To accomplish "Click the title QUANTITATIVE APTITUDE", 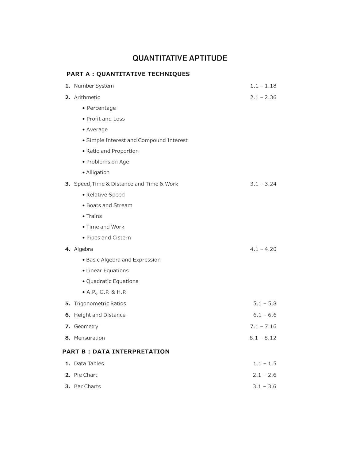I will (180, 58).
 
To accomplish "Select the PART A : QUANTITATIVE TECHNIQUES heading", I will (128, 74).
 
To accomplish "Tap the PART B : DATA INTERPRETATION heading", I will (116, 351).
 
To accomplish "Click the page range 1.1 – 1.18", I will (263, 86).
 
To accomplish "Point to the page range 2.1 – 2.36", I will (263, 97).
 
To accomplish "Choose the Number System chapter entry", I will (94, 86).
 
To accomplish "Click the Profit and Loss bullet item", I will (105, 119).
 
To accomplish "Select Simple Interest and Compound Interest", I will (136, 140).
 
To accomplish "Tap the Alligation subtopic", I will (98, 172).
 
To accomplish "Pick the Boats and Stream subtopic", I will (109, 205).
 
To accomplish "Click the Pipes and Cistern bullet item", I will (108, 237).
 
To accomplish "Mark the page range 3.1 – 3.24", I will (263, 184).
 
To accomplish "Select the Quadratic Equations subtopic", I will (112, 281).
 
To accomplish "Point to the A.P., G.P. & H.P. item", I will (106, 292).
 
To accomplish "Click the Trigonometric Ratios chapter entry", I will (100, 303).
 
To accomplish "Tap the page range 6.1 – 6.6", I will (265, 315).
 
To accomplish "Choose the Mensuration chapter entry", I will (89, 338).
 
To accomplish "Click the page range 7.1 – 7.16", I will (263, 326).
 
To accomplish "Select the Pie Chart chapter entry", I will (86, 375).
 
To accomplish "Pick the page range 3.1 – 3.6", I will (264, 386).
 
